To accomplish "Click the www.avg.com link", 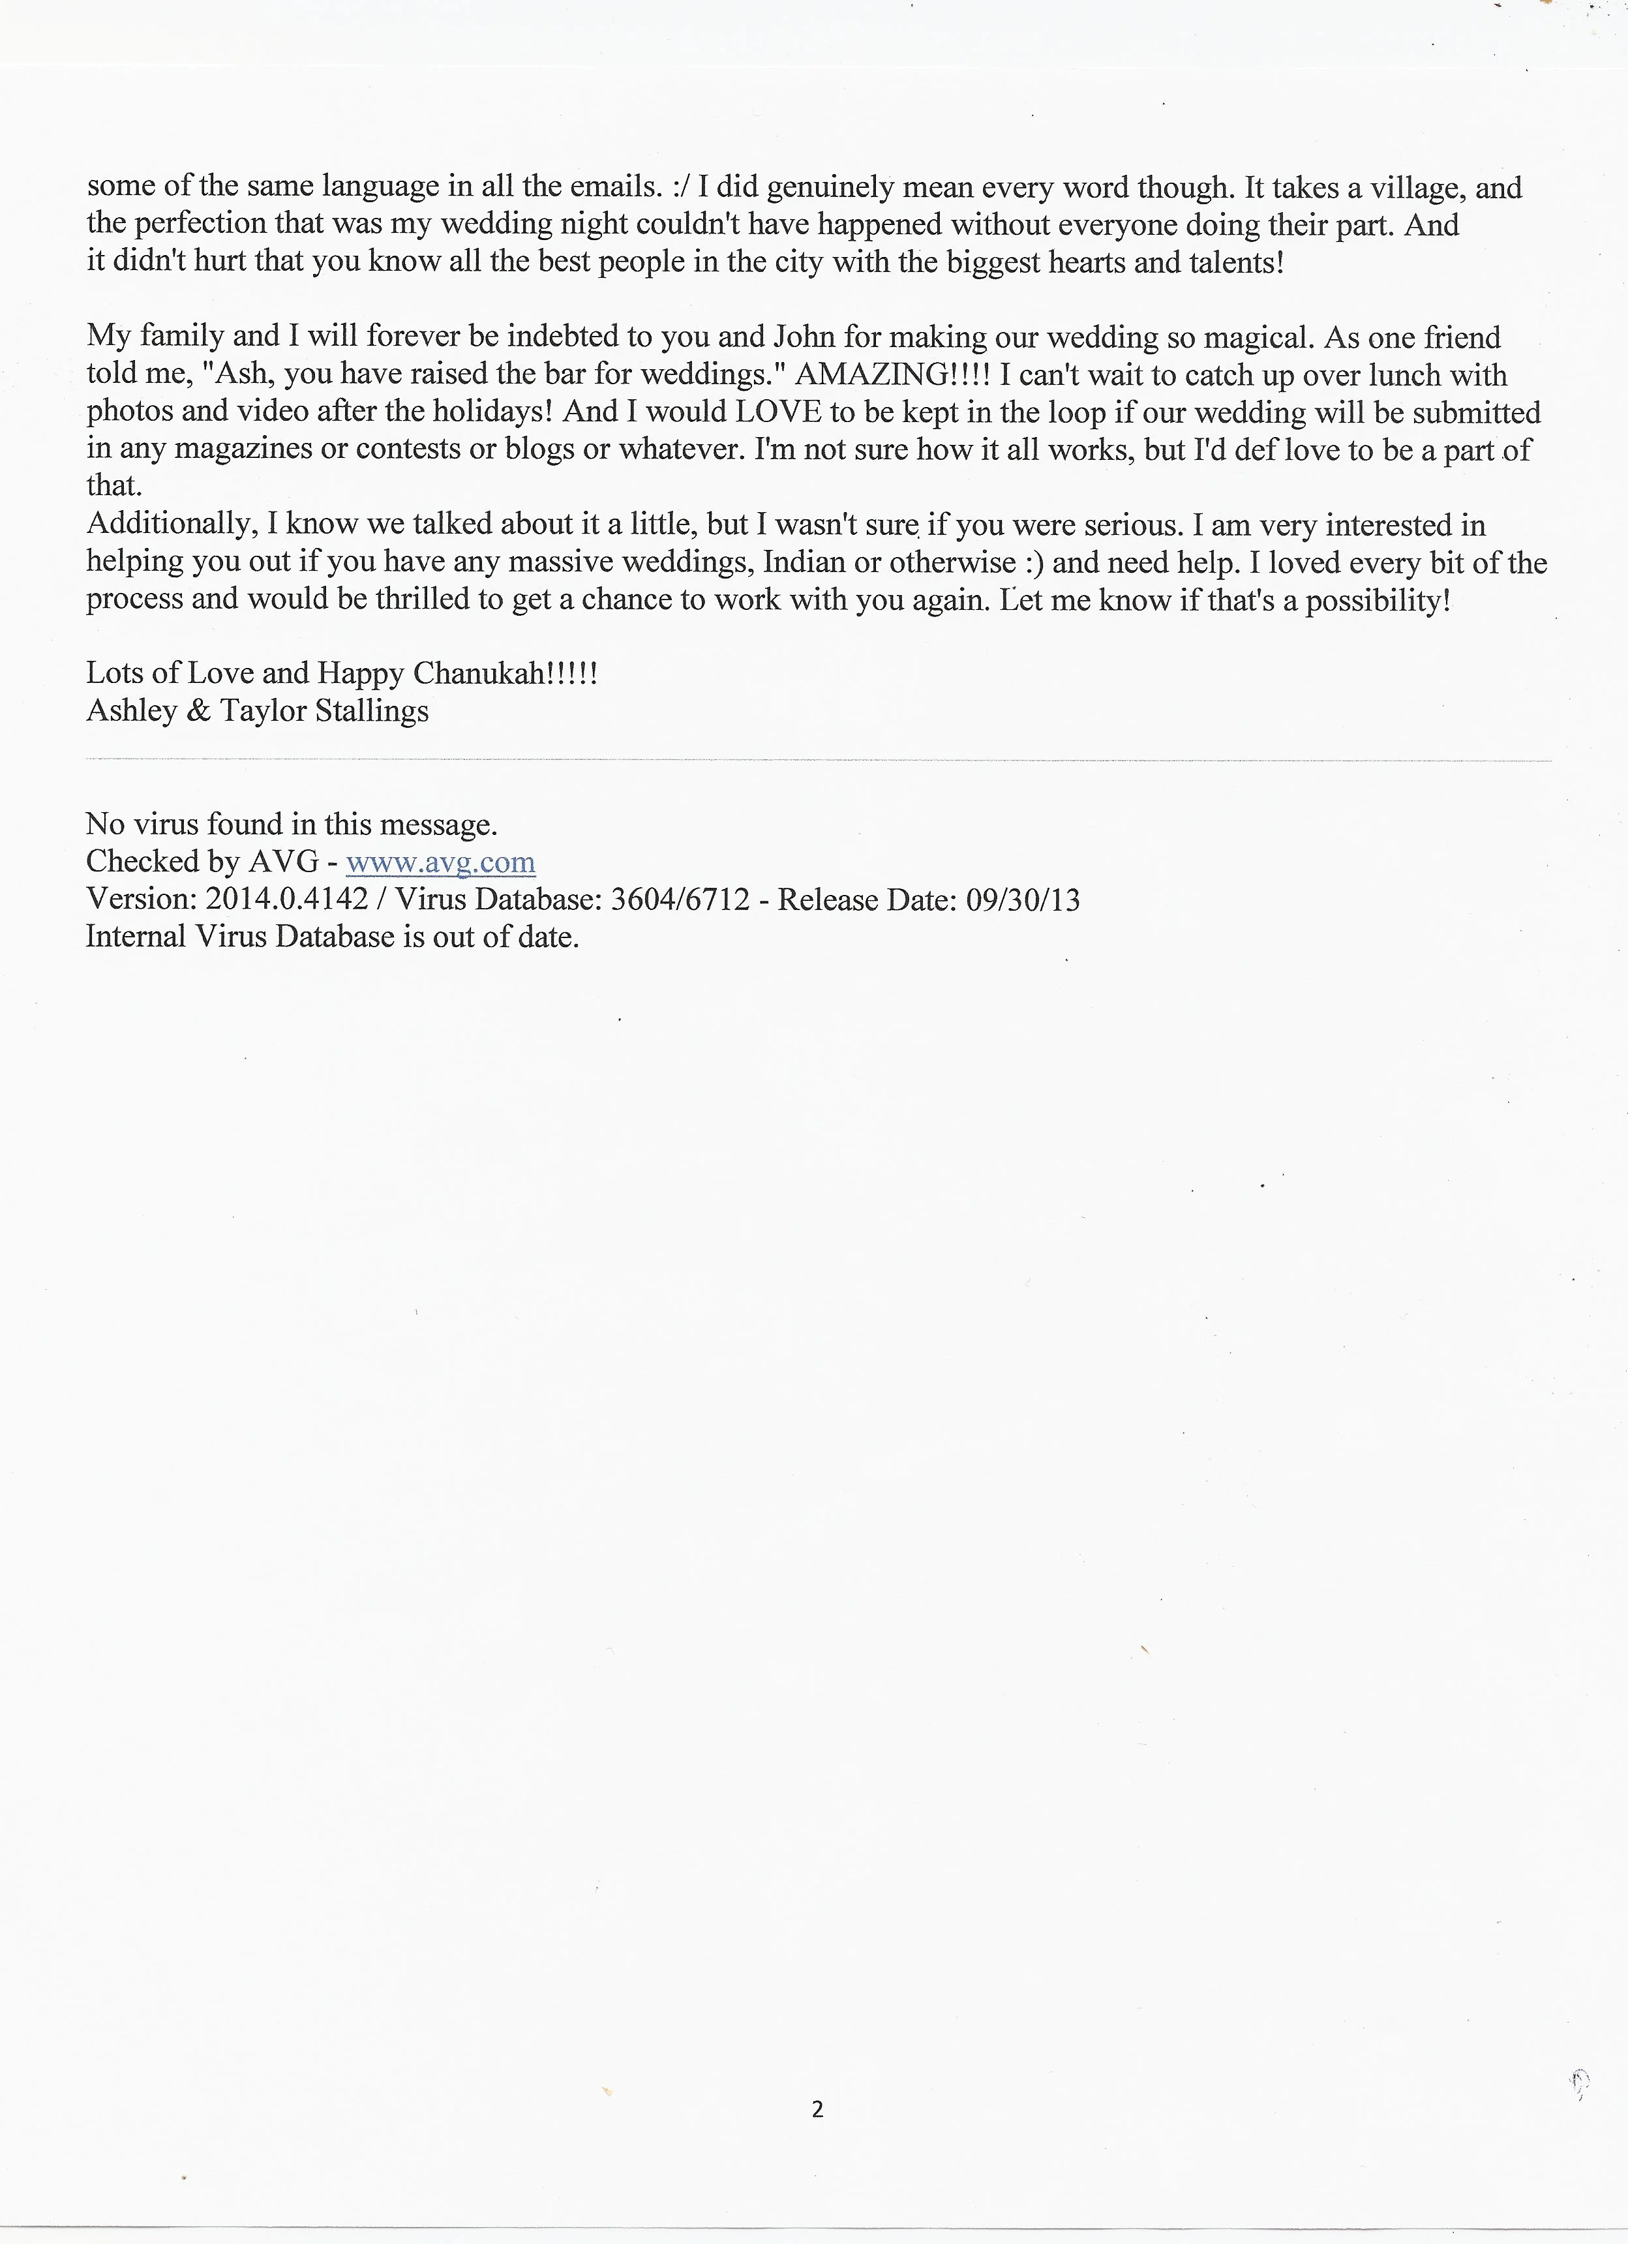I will [x=440, y=863].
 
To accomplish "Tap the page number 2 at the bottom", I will [x=817, y=2110].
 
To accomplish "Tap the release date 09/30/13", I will [x=1023, y=900].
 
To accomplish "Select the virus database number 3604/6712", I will [x=680, y=900].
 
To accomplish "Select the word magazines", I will [x=201, y=450].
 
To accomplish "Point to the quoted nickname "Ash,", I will [x=237, y=376].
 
